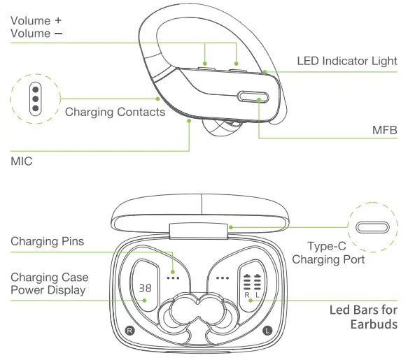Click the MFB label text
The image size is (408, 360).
click(385, 130)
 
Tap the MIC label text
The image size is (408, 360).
click(22, 161)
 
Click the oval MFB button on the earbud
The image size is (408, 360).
click(253, 97)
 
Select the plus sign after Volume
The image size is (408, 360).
click(58, 20)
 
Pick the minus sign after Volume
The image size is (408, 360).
click(59, 34)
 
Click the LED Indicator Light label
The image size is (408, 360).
click(347, 61)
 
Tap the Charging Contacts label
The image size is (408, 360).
click(115, 112)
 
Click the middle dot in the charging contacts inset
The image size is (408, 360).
click(36, 99)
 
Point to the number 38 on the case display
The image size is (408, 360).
click(145, 288)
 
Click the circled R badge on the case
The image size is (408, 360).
click(130, 331)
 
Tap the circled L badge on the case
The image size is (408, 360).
click(267, 331)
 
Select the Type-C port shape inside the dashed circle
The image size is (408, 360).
click(372, 227)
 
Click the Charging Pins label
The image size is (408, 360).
click(48, 241)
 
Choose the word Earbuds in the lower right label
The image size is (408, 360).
click(374, 324)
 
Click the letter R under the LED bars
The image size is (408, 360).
click(247, 295)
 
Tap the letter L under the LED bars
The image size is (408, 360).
click(258, 295)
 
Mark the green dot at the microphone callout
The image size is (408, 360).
click(189, 121)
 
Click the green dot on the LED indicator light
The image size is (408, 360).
click(265, 72)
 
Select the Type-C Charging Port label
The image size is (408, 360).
click(328, 252)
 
